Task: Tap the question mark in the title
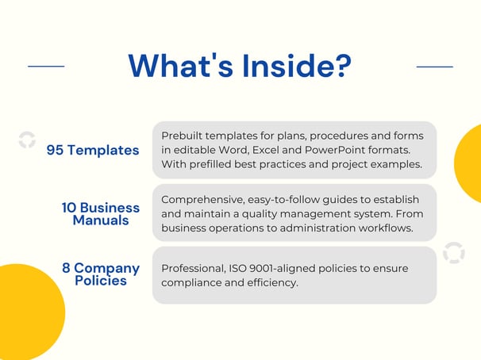pos(343,66)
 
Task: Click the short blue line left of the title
pos(46,66)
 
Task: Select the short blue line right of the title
pos(435,67)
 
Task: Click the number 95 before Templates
pos(55,150)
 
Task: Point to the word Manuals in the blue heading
pos(101,220)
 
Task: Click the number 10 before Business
pos(69,208)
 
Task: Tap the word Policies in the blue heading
pos(101,281)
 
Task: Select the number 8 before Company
pos(66,268)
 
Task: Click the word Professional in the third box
pos(193,268)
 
